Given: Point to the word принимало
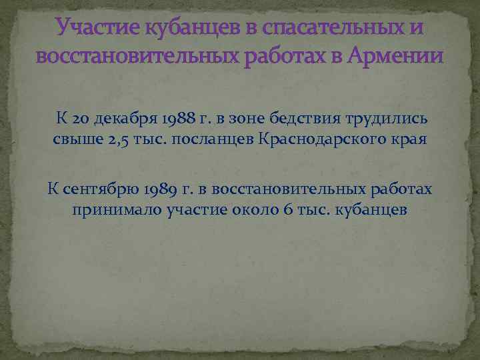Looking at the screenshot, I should (105, 211).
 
